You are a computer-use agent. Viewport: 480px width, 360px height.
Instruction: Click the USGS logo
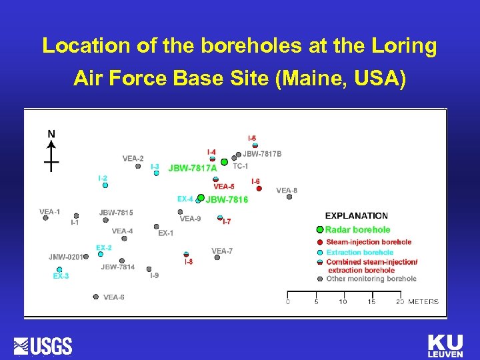click(x=43, y=346)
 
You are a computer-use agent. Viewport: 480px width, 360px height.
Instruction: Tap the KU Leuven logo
click(x=445, y=347)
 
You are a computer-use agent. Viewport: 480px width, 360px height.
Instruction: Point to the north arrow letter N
click(x=51, y=134)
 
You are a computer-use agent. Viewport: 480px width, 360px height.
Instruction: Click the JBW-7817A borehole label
click(x=193, y=169)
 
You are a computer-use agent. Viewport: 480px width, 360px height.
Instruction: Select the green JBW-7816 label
click(x=227, y=199)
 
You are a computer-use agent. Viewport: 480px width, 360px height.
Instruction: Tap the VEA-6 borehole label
click(x=113, y=297)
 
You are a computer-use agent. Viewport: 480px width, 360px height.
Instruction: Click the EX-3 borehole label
click(x=61, y=276)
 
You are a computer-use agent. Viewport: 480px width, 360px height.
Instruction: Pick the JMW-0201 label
click(x=65, y=257)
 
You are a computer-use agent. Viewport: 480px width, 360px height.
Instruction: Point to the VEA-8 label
click(x=287, y=191)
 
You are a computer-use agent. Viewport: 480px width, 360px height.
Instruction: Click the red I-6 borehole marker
click(x=259, y=189)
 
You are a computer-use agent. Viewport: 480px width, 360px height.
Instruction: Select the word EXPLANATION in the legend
click(x=356, y=216)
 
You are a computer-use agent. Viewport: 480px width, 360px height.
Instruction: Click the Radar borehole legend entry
click(x=357, y=230)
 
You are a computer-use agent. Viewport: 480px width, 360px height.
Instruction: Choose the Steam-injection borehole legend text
click(x=369, y=242)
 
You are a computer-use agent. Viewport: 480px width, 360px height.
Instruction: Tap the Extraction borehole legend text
click(x=360, y=253)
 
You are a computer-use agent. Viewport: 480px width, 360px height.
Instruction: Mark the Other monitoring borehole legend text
click(x=371, y=279)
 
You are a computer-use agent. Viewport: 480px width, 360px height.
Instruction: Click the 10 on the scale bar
click(x=343, y=302)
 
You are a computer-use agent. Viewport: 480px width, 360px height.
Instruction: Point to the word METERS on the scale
click(x=423, y=302)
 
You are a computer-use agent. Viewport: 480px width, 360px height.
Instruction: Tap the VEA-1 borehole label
click(x=49, y=212)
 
